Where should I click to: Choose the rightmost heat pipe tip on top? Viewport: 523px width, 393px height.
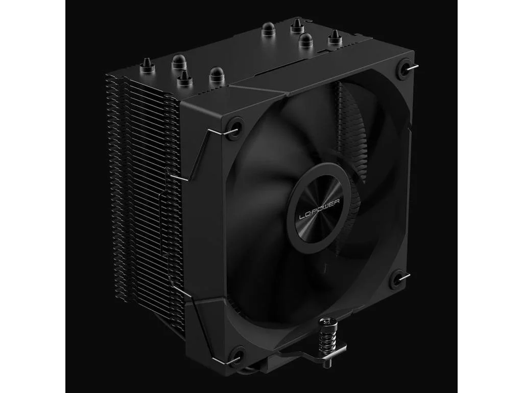(335, 37)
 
